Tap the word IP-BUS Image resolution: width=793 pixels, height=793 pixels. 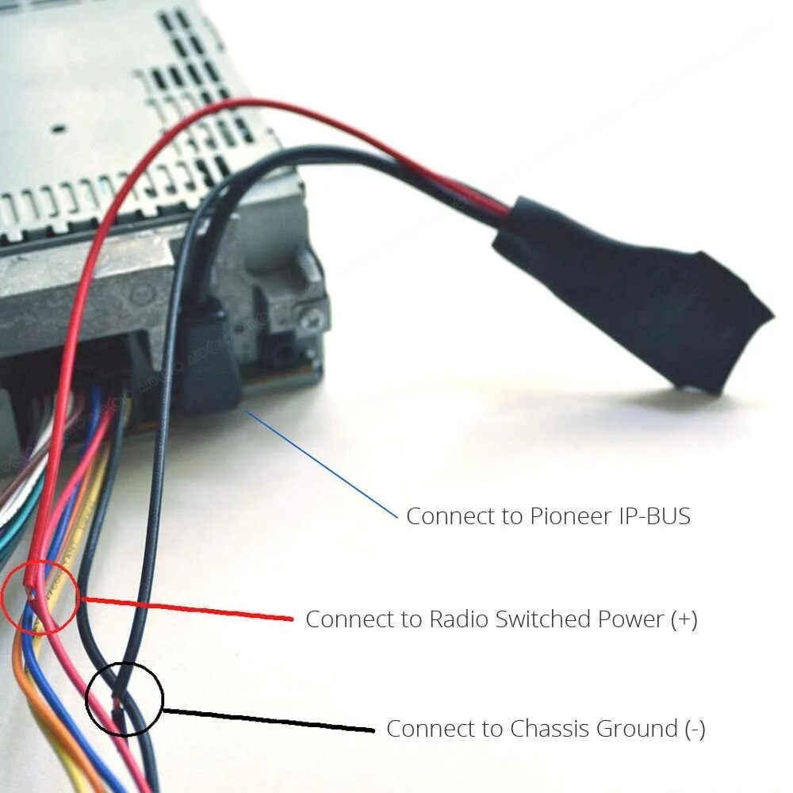pos(655,516)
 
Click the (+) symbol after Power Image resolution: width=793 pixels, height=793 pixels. pos(684,619)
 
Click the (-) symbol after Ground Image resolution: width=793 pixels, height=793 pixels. pos(695,728)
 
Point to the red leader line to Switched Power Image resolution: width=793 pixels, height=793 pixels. pos(190,609)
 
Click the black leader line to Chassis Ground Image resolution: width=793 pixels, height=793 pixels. pos(270,720)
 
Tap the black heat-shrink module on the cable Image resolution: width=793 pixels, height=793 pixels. pos(634,293)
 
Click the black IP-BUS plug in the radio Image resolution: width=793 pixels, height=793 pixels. pos(208,361)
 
